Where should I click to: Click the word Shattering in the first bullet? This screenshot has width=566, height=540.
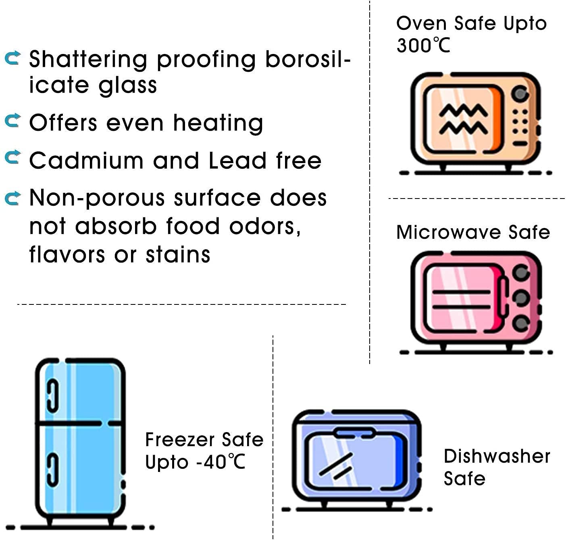(x=88, y=59)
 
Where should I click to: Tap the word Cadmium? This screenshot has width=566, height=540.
(x=86, y=161)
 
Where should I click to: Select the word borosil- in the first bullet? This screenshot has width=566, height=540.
(x=308, y=59)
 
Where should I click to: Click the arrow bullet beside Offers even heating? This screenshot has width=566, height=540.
(x=12, y=120)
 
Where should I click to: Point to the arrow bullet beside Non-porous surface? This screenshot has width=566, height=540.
(x=12, y=198)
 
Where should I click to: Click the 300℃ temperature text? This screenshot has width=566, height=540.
(x=423, y=45)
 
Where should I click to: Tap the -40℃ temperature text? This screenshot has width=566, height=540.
(x=221, y=462)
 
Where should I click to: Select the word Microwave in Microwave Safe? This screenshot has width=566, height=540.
(x=447, y=232)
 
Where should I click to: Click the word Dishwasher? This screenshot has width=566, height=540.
(x=497, y=456)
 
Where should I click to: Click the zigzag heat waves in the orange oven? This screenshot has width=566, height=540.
(x=463, y=119)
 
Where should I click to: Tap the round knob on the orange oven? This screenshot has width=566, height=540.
(x=520, y=94)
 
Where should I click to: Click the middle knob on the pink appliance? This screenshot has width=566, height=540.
(x=521, y=298)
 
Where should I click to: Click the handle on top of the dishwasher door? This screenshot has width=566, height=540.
(x=354, y=433)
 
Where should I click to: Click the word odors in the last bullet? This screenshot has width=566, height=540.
(x=264, y=226)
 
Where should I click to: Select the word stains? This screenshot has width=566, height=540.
(x=178, y=255)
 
